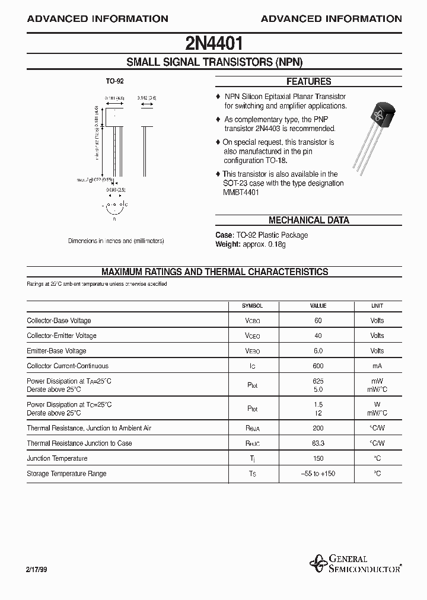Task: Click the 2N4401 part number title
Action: click(x=213, y=43)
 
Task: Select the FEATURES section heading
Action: click(x=308, y=82)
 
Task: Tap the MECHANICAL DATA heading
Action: click(x=308, y=220)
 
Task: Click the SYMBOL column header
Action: click(x=252, y=306)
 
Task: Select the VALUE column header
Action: click(x=318, y=306)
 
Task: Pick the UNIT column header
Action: click(x=377, y=306)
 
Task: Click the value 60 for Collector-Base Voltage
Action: click(x=318, y=321)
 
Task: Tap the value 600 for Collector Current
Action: click(x=318, y=366)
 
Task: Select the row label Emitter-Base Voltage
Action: click(x=57, y=351)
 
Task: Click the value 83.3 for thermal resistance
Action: click(x=318, y=443)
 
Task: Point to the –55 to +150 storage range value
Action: click(x=318, y=474)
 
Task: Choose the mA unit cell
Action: click(x=377, y=366)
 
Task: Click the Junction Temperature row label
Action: click(x=57, y=458)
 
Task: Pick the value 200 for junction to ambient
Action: click(x=318, y=428)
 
